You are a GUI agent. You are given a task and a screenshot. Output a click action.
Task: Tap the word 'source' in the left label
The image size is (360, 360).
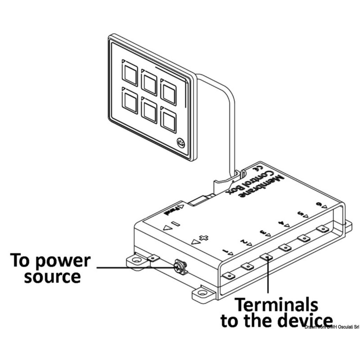(52, 277)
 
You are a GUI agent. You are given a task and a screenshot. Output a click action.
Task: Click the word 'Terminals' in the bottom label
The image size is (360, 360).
(276, 305)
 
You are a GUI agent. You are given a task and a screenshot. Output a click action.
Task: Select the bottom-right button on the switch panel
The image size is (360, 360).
(168, 120)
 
